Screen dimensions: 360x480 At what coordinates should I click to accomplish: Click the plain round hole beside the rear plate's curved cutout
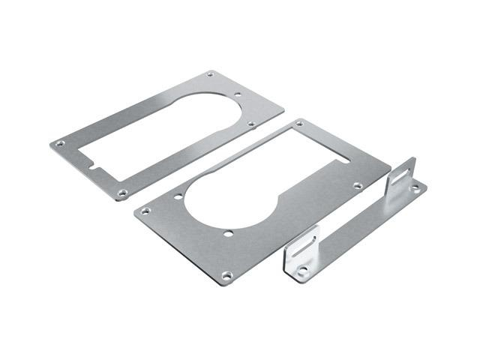(238, 94)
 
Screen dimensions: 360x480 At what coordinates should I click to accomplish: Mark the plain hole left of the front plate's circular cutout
(179, 197)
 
